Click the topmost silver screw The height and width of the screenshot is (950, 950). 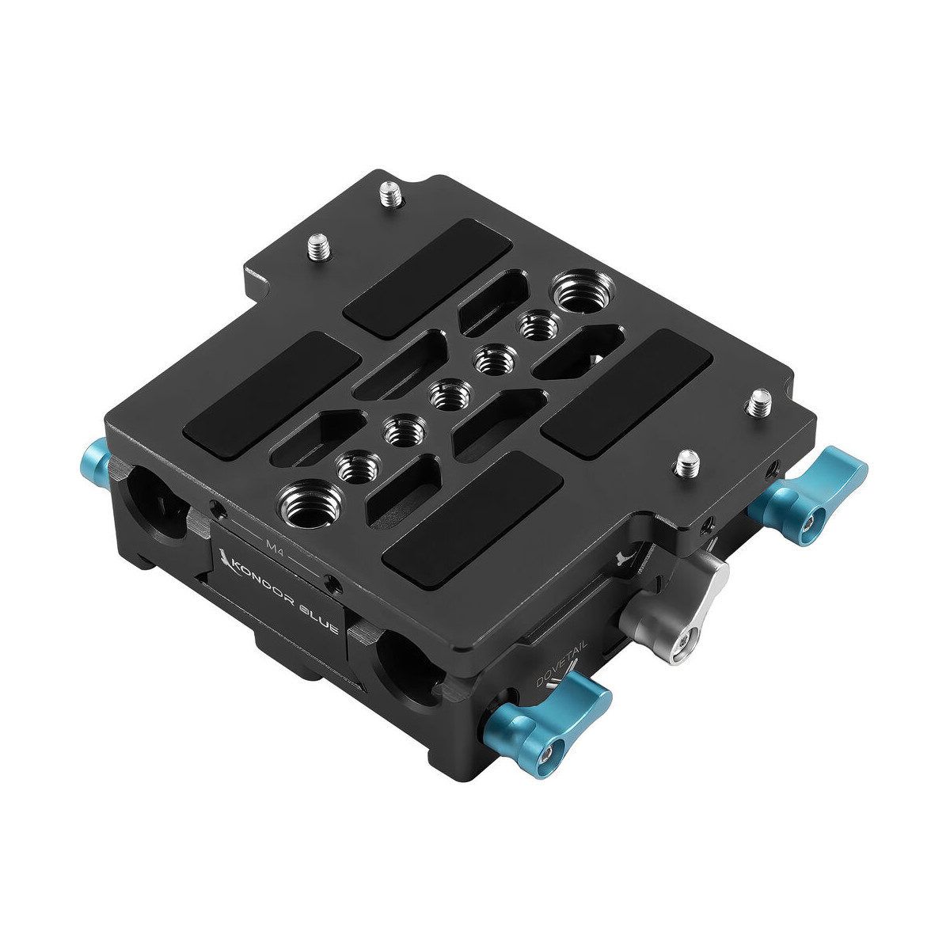coord(389,192)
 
